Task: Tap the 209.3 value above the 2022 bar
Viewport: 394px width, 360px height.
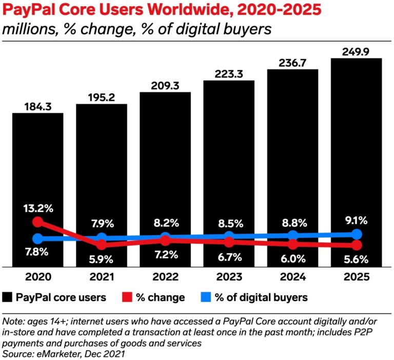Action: coord(165,86)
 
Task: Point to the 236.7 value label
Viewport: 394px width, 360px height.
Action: coord(292,62)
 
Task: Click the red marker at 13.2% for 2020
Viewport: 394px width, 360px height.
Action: coord(37,222)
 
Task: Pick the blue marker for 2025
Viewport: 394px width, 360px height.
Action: coord(356,234)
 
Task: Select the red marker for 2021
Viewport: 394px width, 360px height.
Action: coord(102,244)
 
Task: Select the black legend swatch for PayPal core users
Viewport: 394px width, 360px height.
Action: coord(7,297)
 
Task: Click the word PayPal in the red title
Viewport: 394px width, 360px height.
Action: coord(26,10)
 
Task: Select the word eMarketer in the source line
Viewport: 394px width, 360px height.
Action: coord(53,354)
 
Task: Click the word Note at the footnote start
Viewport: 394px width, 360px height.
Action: coord(12,322)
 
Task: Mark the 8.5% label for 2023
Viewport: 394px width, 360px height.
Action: coord(229,223)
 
